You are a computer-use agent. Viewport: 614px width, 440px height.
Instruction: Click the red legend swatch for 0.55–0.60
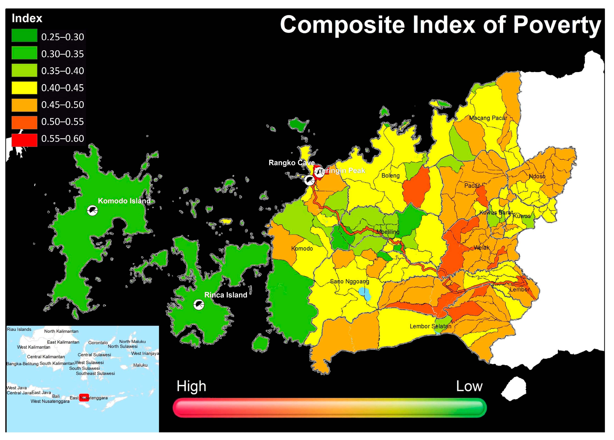(24, 140)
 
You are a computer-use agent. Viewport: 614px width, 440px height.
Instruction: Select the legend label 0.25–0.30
(62, 37)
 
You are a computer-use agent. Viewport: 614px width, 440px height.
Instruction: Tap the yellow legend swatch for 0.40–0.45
(24, 88)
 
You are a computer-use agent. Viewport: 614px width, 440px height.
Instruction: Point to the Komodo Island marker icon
(92, 211)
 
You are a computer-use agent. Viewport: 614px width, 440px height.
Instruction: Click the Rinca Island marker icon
(199, 305)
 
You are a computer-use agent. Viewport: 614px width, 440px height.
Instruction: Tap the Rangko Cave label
(291, 163)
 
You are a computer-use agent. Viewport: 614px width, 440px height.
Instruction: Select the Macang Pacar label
(488, 118)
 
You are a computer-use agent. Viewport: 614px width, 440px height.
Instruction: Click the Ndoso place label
(537, 176)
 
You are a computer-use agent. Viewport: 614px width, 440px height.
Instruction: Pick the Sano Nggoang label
(350, 281)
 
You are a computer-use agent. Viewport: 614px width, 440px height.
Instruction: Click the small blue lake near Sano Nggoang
(364, 293)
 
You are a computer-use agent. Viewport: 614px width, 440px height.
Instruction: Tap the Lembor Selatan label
(430, 326)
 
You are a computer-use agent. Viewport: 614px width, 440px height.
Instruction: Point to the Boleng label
(390, 176)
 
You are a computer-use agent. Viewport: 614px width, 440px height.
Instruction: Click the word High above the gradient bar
(191, 386)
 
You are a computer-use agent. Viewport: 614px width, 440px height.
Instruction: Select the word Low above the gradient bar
(469, 386)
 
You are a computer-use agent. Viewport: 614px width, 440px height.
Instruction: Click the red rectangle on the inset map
(84, 397)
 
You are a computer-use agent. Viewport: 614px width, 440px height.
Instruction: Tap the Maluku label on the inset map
(140, 365)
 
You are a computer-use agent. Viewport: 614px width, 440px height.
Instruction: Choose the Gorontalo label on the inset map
(98, 343)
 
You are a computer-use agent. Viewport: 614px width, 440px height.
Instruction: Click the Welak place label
(482, 248)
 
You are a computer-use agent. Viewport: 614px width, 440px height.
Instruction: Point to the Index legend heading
(27, 18)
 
